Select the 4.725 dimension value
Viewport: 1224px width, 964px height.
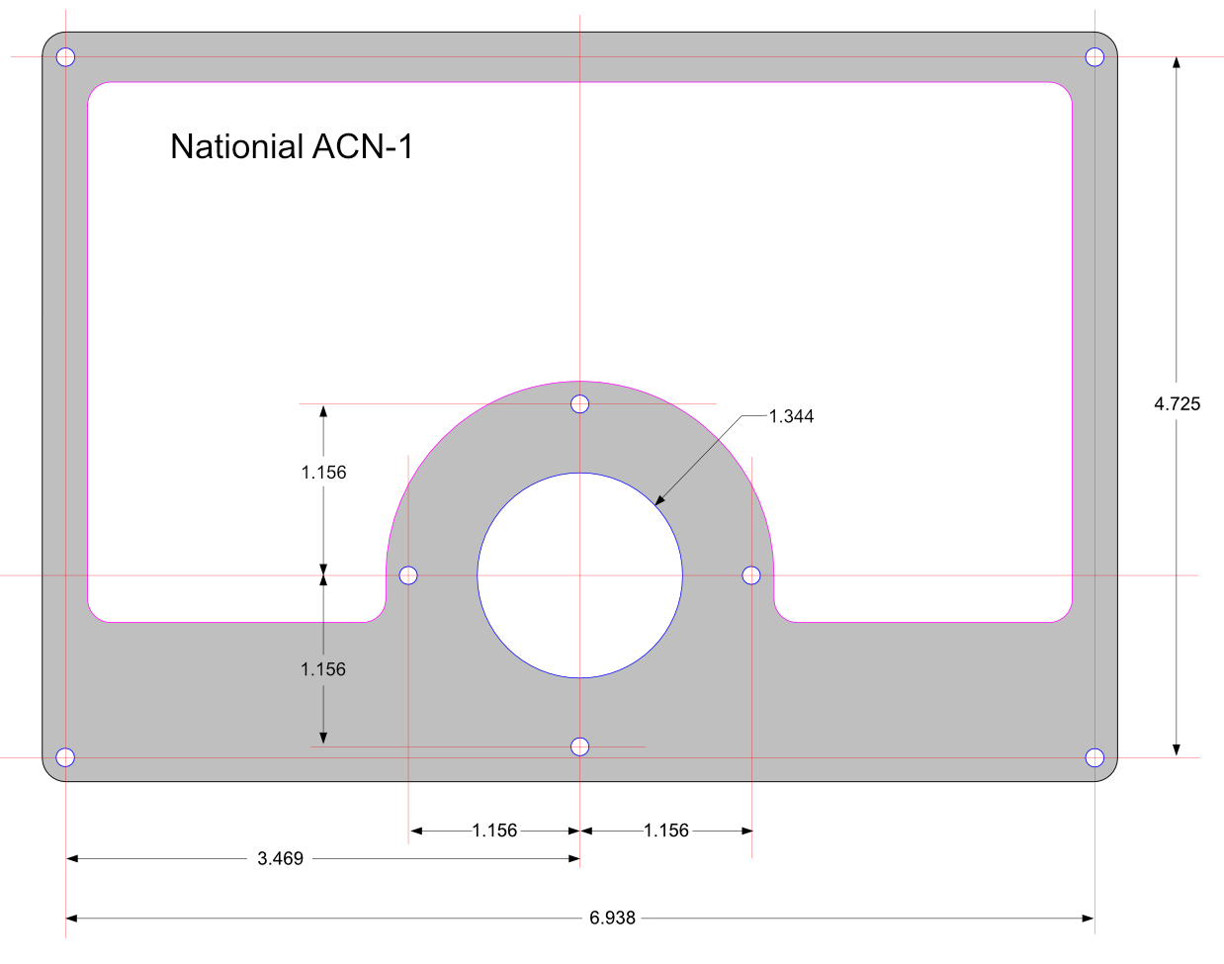click(1177, 403)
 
